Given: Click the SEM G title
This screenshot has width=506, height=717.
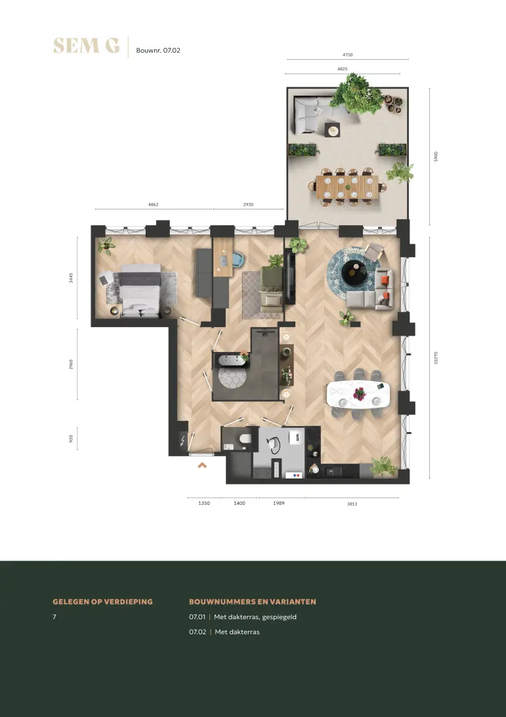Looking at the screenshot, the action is pos(87,46).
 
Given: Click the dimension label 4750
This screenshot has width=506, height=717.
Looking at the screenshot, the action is pos(348,55).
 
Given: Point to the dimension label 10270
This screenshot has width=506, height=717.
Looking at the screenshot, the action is pos(436,358).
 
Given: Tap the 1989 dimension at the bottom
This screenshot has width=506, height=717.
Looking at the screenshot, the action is pos(279,503).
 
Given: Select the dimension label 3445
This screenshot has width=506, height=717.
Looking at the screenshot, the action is pos(71,278).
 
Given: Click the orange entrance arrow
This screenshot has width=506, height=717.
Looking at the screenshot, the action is pos(202,466).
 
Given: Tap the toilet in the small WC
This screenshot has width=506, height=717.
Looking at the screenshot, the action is pos(245,439).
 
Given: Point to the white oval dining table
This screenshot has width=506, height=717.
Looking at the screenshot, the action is pos(358,394).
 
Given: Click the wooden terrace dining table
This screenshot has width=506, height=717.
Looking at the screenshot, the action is pos(347,186).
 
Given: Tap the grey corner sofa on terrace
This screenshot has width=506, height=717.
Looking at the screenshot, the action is pos(314,114).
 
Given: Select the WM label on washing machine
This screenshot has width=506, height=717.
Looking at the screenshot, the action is pos(297,437).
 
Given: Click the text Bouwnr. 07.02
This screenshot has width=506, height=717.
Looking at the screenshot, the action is pos(158,51).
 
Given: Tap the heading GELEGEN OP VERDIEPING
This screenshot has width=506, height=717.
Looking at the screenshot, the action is pos(103,601).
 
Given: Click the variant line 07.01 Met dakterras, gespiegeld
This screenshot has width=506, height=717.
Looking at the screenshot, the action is pos(243,617).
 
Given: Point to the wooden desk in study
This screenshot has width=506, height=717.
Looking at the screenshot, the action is pos(223,257).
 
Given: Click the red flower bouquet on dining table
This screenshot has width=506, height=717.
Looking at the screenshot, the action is pos(360,393).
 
